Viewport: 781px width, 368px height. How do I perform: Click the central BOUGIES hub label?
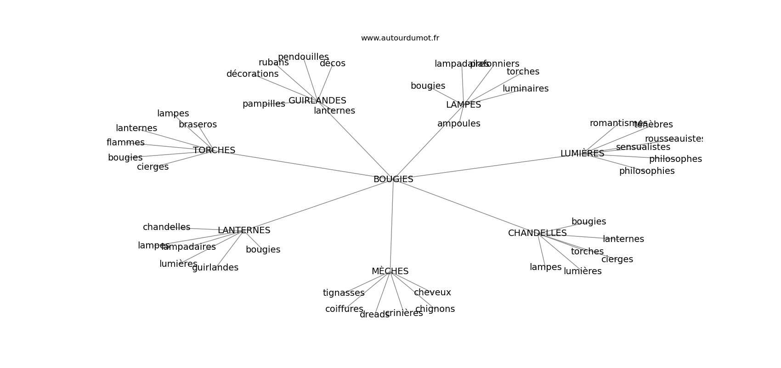pyautogui.click(x=393, y=179)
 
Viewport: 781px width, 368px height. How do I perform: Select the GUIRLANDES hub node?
pyautogui.click(x=317, y=101)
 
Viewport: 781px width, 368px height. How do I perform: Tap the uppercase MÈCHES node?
pyautogui.click(x=390, y=271)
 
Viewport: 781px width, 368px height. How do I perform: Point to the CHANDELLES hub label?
pyautogui.click(x=537, y=233)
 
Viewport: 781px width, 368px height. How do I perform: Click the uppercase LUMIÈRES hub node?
pyautogui.click(x=582, y=154)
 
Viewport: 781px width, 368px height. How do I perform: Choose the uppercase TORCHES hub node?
pyautogui.click(x=214, y=150)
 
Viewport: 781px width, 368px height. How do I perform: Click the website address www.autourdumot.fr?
pyautogui.click(x=400, y=38)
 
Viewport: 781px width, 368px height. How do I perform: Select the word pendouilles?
pyautogui.click(x=303, y=57)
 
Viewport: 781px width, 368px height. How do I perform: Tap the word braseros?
pyautogui.click(x=198, y=125)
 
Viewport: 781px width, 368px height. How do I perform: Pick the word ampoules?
pyautogui.click(x=458, y=124)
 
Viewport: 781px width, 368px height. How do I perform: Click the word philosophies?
pyautogui.click(x=646, y=171)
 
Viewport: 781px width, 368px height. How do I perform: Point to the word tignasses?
pyautogui.click(x=344, y=293)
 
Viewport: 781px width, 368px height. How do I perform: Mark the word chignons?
pyautogui.click(x=435, y=309)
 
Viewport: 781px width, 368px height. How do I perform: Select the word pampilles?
pyautogui.click(x=264, y=104)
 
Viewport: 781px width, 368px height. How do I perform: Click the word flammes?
pyautogui.click(x=125, y=143)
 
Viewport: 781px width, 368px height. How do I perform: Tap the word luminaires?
pyautogui.click(x=525, y=89)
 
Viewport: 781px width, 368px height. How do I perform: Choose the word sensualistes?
pyautogui.click(x=643, y=147)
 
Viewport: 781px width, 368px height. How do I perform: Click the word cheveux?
pyautogui.click(x=432, y=293)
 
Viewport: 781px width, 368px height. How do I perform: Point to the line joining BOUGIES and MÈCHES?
pyautogui.click(x=392, y=225)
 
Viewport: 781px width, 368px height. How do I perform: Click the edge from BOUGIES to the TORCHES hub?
pyautogui.click(x=303, y=165)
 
